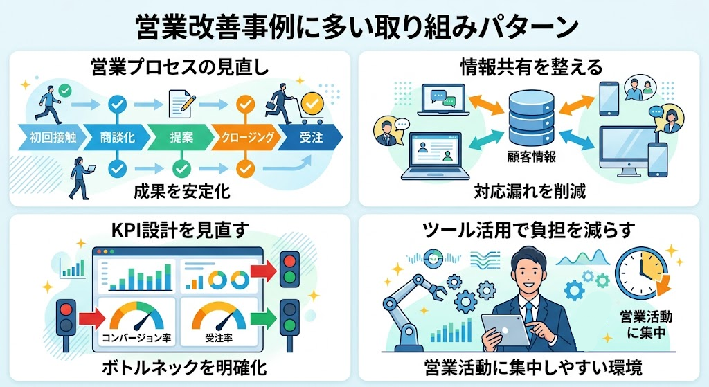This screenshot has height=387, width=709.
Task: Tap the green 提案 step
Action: click(x=181, y=137)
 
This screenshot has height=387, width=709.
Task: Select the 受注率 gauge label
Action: click(x=217, y=339)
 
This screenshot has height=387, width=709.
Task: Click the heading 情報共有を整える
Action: click(x=531, y=67)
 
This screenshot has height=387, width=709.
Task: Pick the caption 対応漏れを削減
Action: click(x=530, y=190)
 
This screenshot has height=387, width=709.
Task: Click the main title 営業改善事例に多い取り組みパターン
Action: click(x=354, y=28)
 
